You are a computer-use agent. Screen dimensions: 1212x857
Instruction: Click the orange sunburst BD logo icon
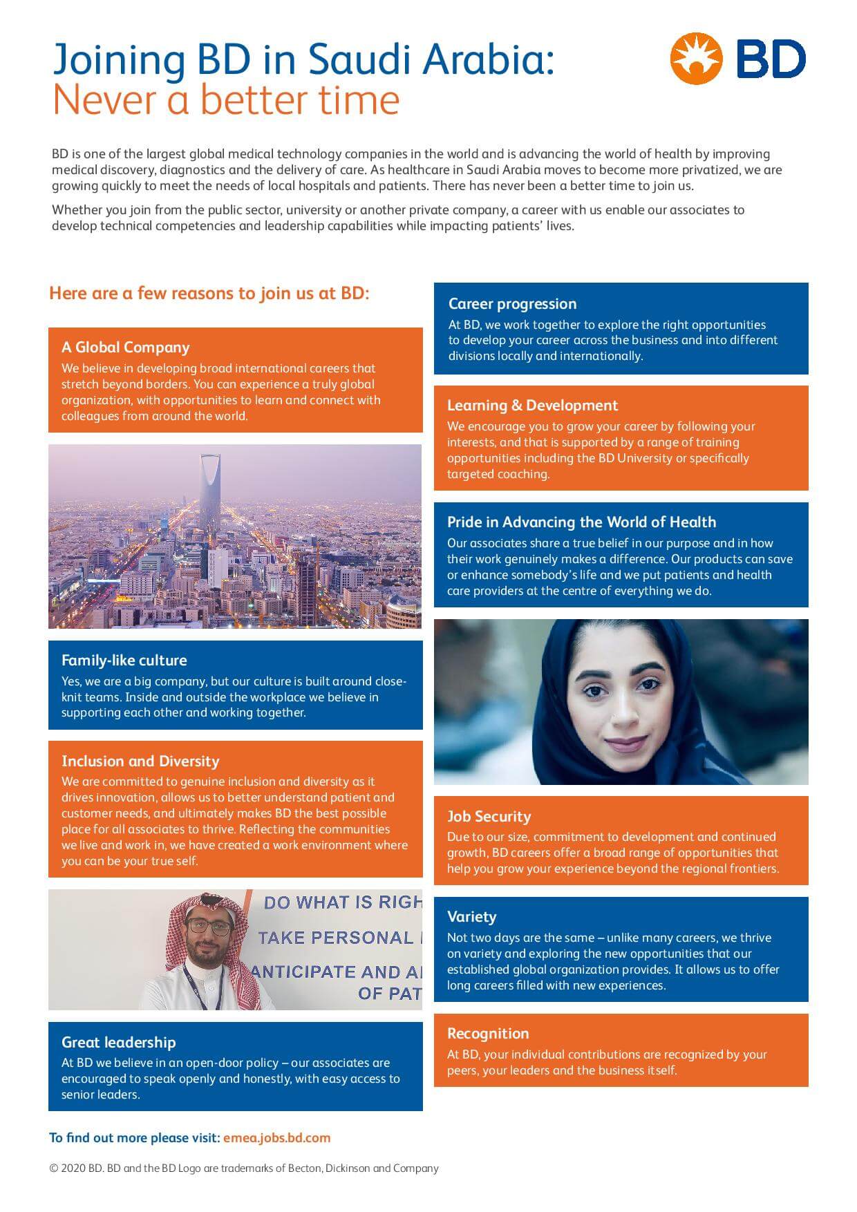click(x=696, y=59)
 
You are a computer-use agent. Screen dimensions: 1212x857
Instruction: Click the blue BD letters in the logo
click(x=771, y=59)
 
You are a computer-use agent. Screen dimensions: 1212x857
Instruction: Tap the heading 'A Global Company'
click(x=125, y=348)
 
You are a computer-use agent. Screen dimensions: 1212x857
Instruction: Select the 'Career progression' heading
click(x=512, y=304)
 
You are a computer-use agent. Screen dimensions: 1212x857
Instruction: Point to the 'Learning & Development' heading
click(x=532, y=406)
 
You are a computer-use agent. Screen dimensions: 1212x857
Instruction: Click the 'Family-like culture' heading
click(x=124, y=661)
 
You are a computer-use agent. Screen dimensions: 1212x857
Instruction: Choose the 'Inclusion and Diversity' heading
click(x=140, y=761)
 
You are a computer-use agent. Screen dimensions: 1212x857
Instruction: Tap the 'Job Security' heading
click(x=489, y=817)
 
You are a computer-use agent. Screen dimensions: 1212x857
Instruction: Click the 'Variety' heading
click(x=471, y=917)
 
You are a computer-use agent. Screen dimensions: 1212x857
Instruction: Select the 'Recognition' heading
click(x=488, y=1034)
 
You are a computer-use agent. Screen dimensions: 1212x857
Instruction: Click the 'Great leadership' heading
click(x=118, y=1043)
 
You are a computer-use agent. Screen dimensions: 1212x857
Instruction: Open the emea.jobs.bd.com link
click(x=276, y=1138)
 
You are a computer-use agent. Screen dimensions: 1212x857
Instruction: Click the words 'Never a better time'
click(x=226, y=100)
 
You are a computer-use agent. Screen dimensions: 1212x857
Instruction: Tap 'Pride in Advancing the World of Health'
click(x=581, y=522)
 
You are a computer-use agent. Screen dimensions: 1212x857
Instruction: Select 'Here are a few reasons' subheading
click(x=209, y=294)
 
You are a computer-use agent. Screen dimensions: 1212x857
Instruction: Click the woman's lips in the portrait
click(x=624, y=745)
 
